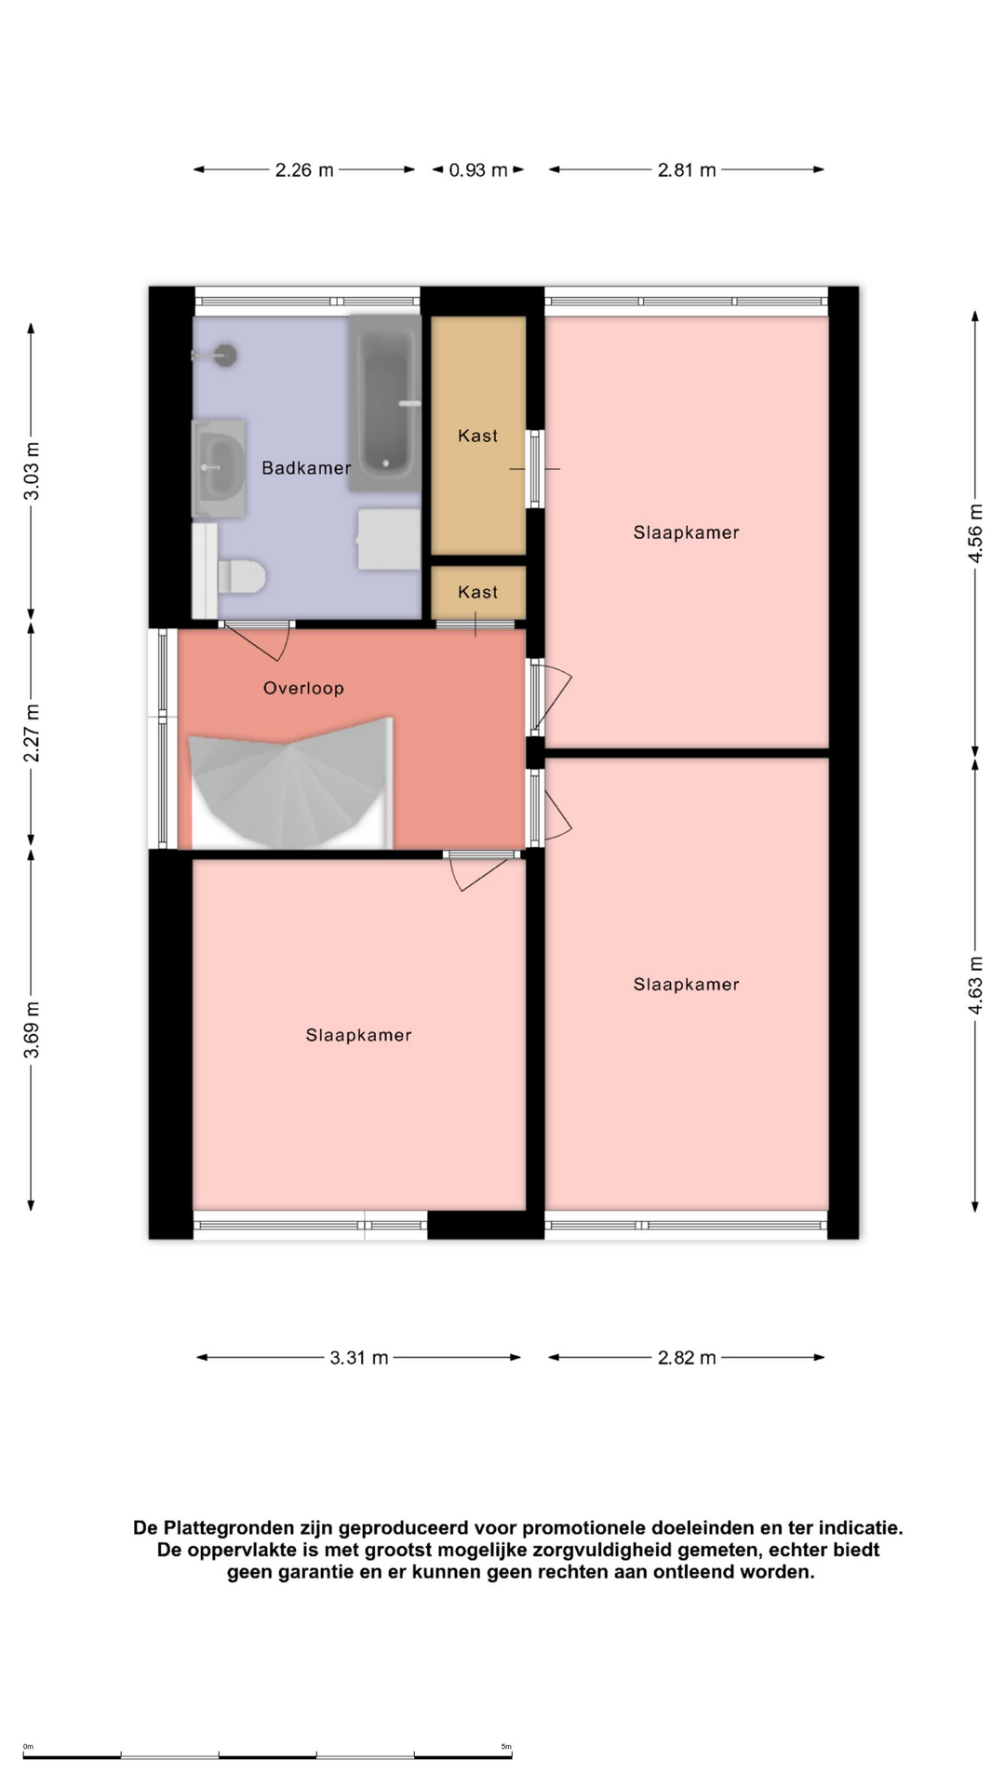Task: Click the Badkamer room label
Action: [x=306, y=468]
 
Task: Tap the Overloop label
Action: [x=303, y=689]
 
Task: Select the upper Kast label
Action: [x=477, y=436]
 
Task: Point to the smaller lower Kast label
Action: [x=477, y=592]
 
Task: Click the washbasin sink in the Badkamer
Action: [x=219, y=468]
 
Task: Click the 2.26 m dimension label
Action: [x=304, y=170]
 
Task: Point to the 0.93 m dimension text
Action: [x=478, y=170]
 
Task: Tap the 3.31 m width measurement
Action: [x=359, y=1358]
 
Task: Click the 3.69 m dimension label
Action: [x=32, y=1029]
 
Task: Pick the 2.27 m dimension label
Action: [x=32, y=733]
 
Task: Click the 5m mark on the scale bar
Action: [x=506, y=1747]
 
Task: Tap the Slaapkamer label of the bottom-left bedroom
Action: [x=358, y=1035]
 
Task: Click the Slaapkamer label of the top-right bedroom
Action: [x=687, y=533]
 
